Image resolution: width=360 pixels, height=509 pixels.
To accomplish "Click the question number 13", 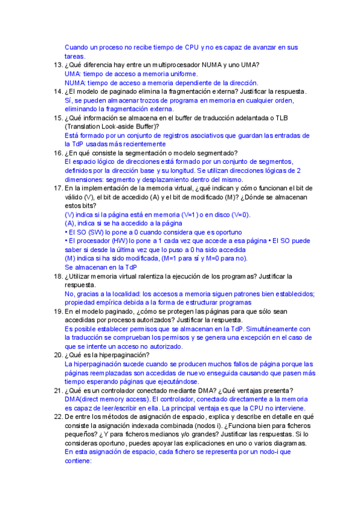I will point(57,65).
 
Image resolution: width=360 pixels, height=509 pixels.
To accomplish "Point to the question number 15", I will point(57,118).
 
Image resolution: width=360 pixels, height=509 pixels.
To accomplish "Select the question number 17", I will point(57,188).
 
